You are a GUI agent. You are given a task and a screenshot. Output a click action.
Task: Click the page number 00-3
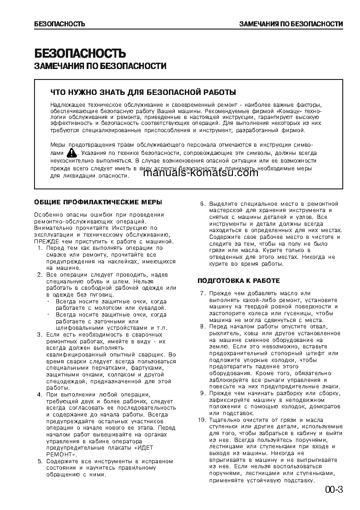click(334, 490)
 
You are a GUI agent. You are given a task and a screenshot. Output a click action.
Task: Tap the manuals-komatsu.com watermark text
click(203, 173)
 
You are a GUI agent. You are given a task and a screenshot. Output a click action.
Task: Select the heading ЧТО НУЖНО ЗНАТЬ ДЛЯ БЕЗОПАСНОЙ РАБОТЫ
click(143, 92)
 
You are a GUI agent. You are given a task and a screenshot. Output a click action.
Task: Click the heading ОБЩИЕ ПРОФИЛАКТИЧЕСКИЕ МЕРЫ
click(98, 202)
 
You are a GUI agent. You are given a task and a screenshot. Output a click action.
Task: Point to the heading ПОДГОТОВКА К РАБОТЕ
click(238, 281)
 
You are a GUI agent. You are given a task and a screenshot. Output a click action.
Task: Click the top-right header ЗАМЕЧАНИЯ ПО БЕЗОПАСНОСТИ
click(291, 24)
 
